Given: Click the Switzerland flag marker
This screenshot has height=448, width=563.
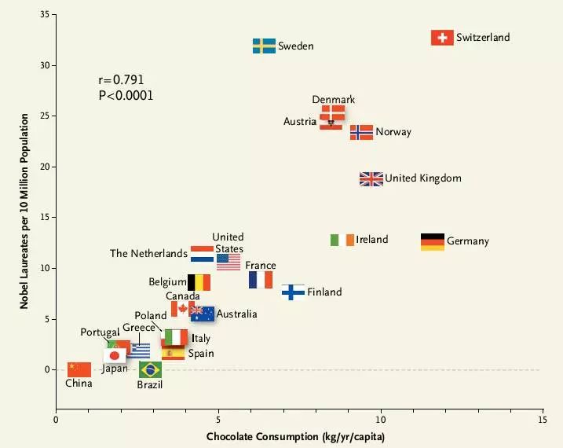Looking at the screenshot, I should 443,38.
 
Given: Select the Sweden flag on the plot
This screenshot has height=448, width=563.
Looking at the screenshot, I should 264,46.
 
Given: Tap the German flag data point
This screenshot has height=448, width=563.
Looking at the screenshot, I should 433,242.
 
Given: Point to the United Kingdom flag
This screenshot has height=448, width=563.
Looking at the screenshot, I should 371,179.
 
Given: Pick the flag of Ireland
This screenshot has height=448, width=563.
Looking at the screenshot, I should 342,240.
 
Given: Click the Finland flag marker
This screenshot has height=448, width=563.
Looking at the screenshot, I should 293,292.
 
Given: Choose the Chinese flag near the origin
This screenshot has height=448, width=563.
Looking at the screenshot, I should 79,369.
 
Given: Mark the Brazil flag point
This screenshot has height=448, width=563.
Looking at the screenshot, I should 151,369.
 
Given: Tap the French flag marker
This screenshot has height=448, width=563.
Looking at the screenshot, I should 261,280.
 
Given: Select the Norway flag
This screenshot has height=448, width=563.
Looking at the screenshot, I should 362,132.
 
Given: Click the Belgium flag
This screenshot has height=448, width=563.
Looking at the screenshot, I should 199,282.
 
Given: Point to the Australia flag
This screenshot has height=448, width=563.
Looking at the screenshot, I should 203,314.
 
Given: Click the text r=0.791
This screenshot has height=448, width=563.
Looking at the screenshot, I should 121,80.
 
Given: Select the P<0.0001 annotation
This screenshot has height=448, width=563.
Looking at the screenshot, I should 126,96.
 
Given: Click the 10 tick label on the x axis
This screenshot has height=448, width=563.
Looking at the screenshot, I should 381,421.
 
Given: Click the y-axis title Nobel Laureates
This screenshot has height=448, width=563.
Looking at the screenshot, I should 25,210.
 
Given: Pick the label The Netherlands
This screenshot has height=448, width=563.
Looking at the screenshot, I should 148,254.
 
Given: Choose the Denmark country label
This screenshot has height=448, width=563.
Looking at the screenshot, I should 334,100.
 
